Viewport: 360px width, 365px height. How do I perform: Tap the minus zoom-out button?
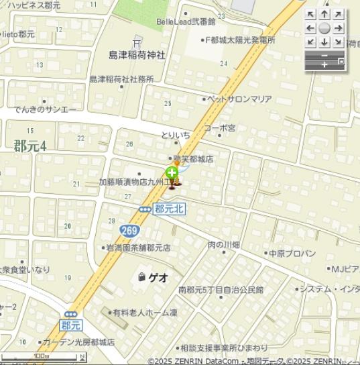(x=324, y=55)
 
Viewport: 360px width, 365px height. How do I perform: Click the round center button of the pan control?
(x=324, y=28)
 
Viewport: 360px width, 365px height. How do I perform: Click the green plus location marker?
(x=172, y=173)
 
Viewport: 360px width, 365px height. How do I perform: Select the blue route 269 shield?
(x=130, y=230)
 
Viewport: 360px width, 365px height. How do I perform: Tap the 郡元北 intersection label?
(x=169, y=209)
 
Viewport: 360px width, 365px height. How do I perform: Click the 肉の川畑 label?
(x=223, y=245)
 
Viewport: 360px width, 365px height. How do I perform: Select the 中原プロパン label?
(x=292, y=254)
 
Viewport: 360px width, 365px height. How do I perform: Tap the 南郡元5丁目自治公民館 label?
(x=221, y=290)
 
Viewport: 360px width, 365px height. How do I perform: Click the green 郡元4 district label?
(x=29, y=146)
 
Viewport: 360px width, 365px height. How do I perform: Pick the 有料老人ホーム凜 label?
(x=144, y=312)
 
